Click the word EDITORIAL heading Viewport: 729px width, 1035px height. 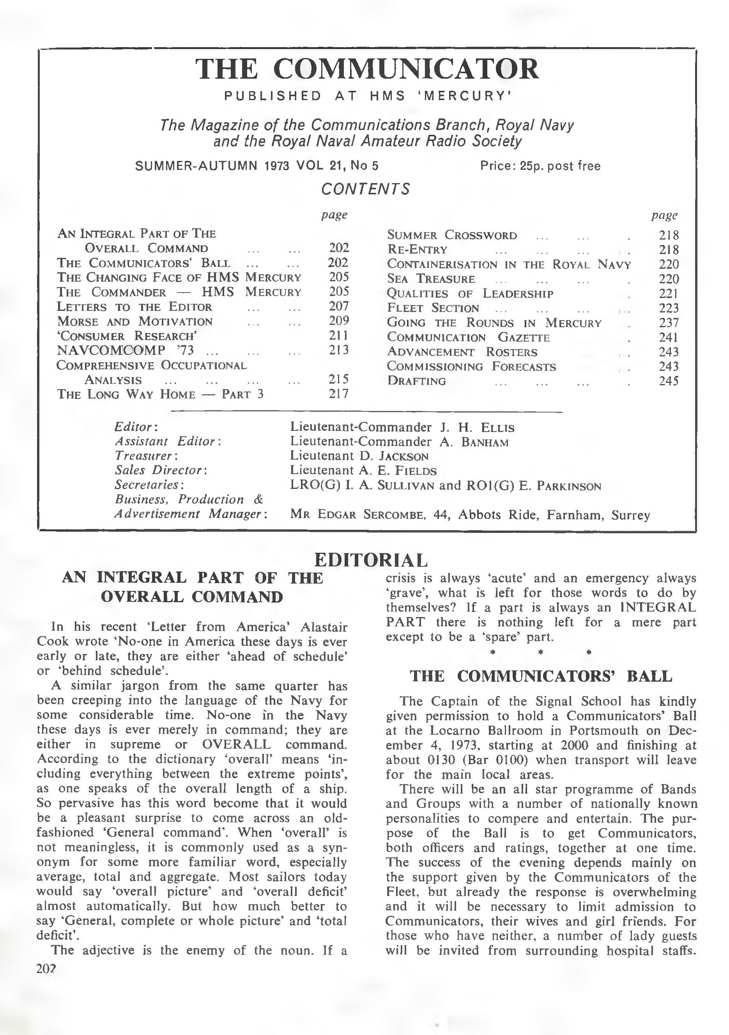tap(371, 560)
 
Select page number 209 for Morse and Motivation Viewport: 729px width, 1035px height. tap(339, 321)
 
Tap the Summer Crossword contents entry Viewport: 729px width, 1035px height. tap(452, 235)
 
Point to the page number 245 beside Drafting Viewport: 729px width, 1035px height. tap(669, 381)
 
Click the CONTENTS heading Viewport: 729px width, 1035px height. tap(365, 189)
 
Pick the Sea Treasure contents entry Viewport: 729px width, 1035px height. tap(431, 279)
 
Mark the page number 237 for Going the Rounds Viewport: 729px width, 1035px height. tap(669, 323)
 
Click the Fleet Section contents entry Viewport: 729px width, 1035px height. tap(433, 309)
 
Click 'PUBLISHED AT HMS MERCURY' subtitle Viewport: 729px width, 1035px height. tap(367, 96)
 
